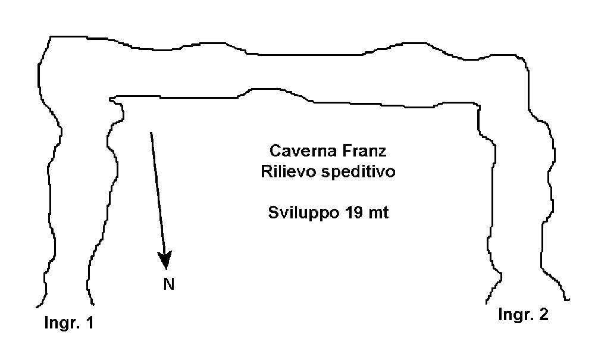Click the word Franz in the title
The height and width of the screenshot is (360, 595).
365,151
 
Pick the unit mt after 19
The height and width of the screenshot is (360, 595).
379,213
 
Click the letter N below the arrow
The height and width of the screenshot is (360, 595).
169,284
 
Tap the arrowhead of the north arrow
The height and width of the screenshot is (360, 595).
165,260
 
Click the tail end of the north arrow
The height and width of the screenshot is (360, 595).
151,133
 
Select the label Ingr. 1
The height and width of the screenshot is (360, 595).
68,323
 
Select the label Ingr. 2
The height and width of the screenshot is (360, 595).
523,314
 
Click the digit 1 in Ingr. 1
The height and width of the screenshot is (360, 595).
90,323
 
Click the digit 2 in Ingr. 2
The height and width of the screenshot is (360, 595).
544,314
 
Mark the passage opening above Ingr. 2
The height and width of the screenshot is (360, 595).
528,302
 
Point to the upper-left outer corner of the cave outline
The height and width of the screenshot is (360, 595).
51,37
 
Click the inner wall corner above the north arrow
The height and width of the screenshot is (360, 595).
111,99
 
